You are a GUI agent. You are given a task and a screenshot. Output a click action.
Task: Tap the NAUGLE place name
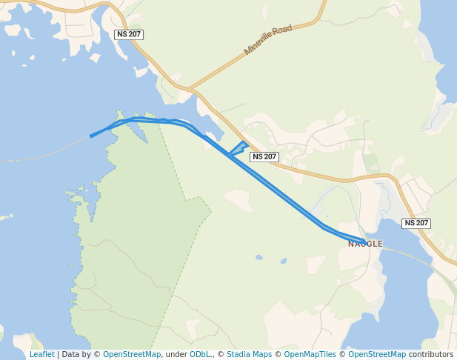[x=365, y=243]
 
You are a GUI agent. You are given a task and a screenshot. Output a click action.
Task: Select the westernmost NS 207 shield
[x=129, y=35]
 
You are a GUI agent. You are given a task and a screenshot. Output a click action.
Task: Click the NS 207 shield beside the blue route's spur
[x=264, y=156]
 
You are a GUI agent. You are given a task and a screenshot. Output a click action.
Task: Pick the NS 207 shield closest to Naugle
[x=416, y=223]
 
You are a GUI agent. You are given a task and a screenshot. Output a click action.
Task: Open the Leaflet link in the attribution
[x=41, y=354]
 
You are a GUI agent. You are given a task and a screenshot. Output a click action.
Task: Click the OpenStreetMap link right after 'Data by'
[x=132, y=354]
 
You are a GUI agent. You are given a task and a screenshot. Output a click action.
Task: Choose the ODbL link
[x=199, y=354]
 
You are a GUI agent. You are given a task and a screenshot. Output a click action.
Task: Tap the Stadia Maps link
[x=249, y=354]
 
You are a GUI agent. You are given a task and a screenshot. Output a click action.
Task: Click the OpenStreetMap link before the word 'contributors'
[x=377, y=354]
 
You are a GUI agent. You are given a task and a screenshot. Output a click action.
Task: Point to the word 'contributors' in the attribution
[x=431, y=354]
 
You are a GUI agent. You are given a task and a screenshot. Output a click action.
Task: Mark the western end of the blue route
[x=91, y=136]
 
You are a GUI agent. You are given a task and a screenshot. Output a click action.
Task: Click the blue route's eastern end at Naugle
[x=364, y=241]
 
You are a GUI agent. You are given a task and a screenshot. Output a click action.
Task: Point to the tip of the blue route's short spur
[x=244, y=142]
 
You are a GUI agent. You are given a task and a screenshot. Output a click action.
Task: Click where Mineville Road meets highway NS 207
[x=192, y=90]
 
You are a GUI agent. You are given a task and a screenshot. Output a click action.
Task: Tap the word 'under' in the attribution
[x=176, y=354]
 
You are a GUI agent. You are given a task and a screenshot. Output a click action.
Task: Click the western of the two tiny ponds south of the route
[x=258, y=258]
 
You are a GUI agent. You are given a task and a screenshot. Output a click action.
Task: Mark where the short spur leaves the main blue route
[x=230, y=156]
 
